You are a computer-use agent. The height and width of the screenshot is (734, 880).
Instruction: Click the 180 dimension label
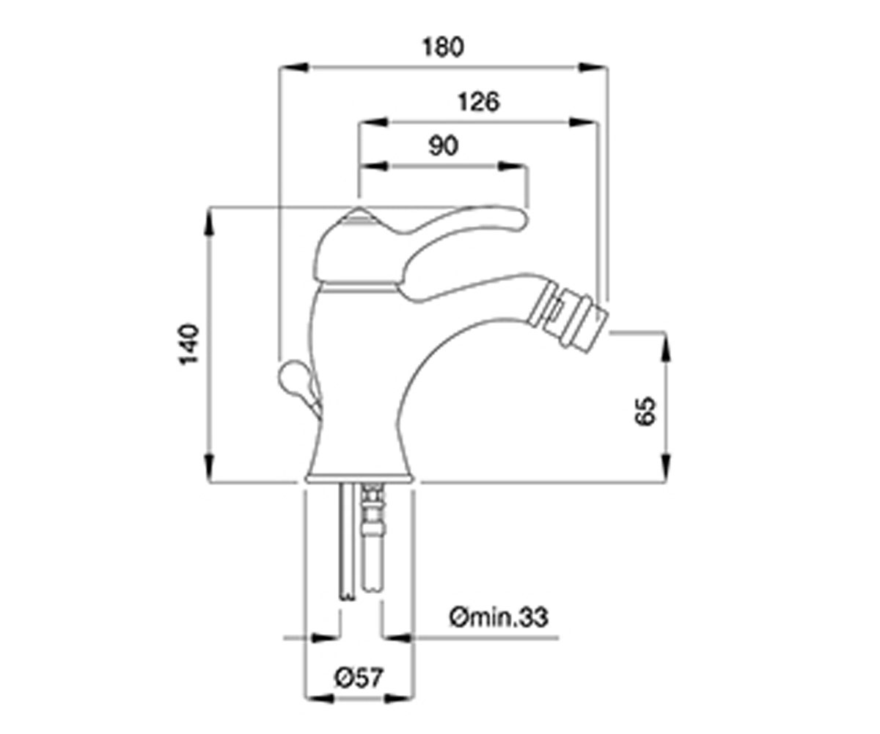(443, 47)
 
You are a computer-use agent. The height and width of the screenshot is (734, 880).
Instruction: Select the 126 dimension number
(479, 102)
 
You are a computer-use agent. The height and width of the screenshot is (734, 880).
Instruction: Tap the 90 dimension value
(444, 146)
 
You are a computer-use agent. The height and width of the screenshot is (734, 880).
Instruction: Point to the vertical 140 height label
(188, 344)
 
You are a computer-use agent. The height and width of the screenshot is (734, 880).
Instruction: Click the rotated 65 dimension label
(645, 410)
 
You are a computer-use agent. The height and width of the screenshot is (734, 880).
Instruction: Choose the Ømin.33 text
(499, 617)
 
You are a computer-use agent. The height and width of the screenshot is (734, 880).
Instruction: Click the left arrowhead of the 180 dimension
(294, 68)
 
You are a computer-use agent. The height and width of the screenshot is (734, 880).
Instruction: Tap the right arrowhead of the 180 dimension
(593, 68)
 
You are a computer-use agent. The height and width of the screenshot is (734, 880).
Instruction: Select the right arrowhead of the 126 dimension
(583, 123)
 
